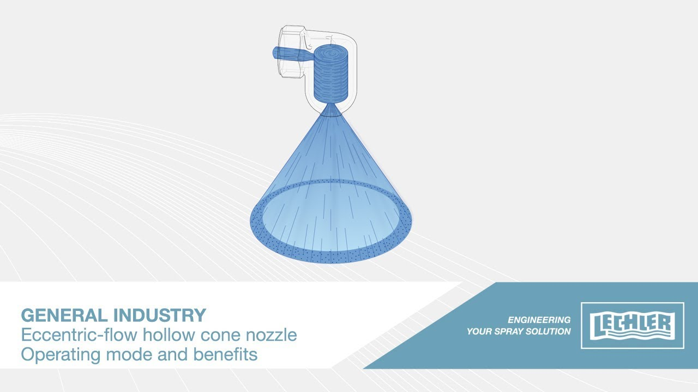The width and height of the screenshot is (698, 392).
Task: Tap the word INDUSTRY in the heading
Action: click(x=160, y=315)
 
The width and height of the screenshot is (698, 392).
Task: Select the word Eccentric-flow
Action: click(x=79, y=335)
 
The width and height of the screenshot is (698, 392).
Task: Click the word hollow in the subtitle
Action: click(x=169, y=335)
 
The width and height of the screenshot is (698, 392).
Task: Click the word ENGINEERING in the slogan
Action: click(x=539, y=320)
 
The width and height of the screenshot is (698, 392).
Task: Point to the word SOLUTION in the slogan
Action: click(x=548, y=332)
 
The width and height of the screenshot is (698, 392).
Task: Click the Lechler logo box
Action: click(x=633, y=326)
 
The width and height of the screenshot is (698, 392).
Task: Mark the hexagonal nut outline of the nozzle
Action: click(x=292, y=52)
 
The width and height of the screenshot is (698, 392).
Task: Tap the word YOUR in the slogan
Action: click(x=479, y=332)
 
